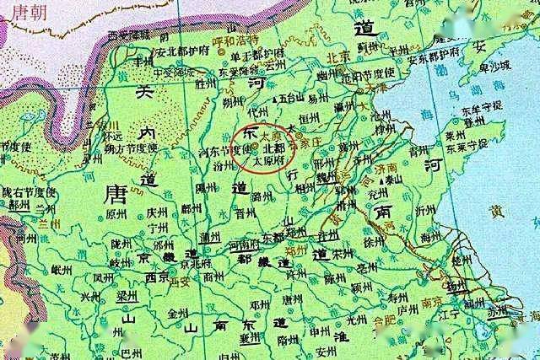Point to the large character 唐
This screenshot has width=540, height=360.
113,196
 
